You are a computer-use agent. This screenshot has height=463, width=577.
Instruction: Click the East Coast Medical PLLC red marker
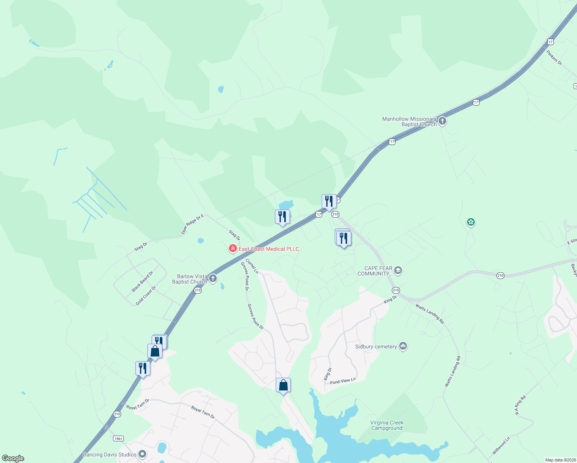(233, 249)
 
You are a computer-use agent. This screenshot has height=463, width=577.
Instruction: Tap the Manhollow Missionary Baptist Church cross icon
(442, 121)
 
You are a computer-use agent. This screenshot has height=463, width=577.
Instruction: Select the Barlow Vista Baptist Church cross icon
(213, 278)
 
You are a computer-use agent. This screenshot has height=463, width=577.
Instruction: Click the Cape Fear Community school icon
(398, 270)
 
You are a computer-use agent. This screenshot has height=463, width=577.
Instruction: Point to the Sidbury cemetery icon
(403, 346)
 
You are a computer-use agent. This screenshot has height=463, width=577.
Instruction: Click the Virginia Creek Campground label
(386, 425)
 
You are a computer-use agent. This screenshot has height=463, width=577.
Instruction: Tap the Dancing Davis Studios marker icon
(142, 455)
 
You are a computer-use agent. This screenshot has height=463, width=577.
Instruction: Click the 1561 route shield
(118, 438)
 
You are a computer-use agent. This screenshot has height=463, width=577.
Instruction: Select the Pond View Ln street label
(342, 381)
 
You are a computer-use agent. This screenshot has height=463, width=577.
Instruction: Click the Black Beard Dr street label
(142, 282)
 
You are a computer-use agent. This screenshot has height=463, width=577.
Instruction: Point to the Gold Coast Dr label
(146, 296)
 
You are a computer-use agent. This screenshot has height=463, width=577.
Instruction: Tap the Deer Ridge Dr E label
(192, 225)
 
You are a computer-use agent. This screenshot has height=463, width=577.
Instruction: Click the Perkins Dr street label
(554, 57)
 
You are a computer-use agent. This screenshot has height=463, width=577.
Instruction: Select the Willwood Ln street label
(501, 446)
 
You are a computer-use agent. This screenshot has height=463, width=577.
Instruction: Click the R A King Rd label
(520, 405)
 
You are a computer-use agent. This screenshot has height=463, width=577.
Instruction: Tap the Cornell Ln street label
(252, 266)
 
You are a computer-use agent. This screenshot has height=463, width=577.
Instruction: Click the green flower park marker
(471, 222)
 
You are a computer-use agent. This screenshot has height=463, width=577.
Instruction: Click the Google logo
(13, 458)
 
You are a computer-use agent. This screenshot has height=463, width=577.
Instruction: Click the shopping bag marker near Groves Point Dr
(283, 385)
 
